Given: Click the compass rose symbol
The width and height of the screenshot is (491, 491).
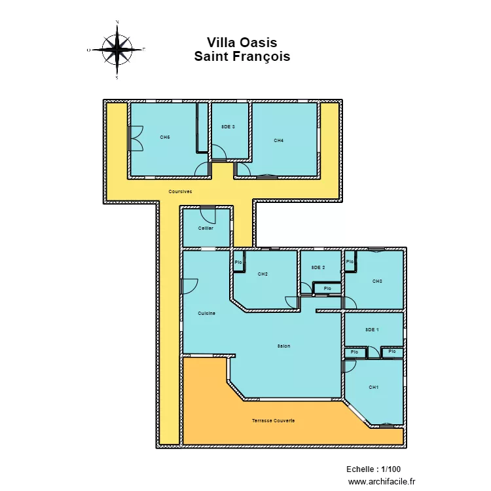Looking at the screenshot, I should tap(117, 49).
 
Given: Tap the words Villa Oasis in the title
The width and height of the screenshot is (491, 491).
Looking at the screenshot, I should tap(242, 43).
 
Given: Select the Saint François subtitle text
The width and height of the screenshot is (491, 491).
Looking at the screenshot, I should tap(242, 57).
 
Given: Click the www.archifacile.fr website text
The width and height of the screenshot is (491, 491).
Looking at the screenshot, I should tap(382, 481).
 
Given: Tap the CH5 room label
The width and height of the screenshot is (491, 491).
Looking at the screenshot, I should tap(165, 137).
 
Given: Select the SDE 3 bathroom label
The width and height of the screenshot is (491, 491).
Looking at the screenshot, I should tap(228, 126).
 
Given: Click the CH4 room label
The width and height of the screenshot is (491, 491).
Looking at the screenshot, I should tap(279, 140).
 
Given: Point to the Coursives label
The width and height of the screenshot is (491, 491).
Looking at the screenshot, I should tap(180, 192).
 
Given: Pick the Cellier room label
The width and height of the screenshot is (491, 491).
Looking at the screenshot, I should tap(206, 228).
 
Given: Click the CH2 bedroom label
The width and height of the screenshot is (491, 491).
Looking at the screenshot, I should tap(263, 274).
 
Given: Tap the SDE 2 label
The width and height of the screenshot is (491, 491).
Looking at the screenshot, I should tap(318, 267).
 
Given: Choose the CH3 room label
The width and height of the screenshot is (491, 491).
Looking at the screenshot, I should tap(377, 281).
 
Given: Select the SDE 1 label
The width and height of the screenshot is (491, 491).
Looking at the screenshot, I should tap(372, 330).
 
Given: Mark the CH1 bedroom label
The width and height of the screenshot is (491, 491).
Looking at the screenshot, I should tap(374, 388).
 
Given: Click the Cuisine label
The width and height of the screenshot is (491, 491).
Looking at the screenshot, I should tap(207, 314).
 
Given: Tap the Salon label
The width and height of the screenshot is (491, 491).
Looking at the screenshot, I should tap(283, 346).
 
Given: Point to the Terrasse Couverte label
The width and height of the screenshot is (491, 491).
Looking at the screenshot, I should tap(273, 420).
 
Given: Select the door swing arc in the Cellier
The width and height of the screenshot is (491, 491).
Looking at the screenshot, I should tap(206, 214).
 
